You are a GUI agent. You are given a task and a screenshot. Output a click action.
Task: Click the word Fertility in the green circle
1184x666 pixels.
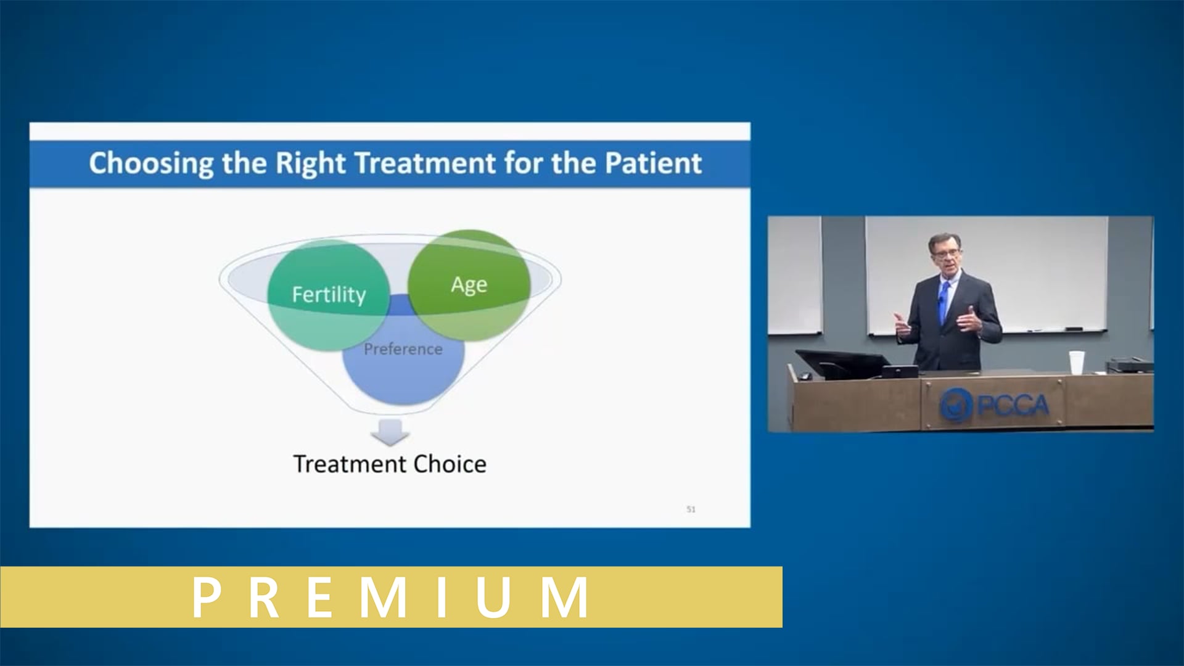click(329, 295)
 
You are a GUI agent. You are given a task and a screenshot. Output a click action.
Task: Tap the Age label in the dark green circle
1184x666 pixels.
click(469, 285)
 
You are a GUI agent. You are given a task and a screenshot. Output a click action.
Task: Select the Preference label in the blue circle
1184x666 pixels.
click(403, 349)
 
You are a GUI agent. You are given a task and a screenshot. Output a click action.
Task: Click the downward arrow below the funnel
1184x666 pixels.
click(390, 432)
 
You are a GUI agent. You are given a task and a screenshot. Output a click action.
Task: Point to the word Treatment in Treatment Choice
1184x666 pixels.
click(350, 464)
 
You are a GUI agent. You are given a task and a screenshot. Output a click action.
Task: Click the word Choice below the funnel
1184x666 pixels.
click(450, 464)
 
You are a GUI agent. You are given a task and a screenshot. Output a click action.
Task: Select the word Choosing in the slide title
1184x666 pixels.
click(151, 163)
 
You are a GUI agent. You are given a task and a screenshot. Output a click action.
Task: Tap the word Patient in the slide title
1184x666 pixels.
click(653, 163)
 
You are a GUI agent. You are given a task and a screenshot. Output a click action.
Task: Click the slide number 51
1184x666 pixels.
click(691, 509)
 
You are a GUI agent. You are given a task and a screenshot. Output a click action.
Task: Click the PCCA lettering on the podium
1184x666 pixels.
click(1013, 405)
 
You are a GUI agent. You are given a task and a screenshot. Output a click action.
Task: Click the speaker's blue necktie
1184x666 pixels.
click(943, 302)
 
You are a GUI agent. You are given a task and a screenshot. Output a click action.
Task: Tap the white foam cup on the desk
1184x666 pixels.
click(1076, 363)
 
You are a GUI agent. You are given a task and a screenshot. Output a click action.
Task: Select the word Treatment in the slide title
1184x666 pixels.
click(425, 163)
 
